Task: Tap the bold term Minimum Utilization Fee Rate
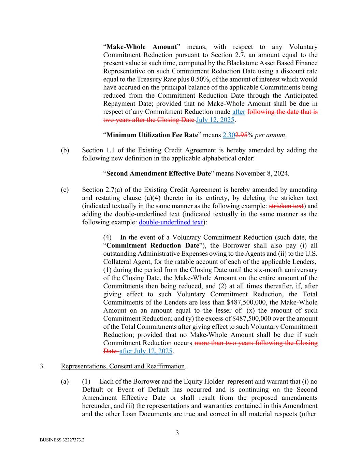pyautogui.click(x=152, y=135)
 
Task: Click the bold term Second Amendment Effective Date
pyautogui.click(x=159, y=173)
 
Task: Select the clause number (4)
pyautogui.click(x=107, y=237)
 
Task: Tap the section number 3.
pyautogui.click(x=42, y=366)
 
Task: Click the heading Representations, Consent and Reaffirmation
pyautogui.click(x=123, y=366)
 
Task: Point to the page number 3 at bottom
pyautogui.click(x=177, y=433)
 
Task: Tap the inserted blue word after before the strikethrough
pyautogui.click(x=239, y=112)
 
